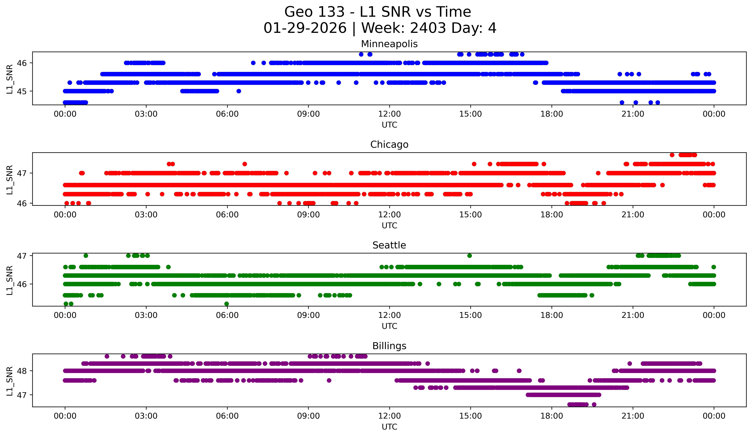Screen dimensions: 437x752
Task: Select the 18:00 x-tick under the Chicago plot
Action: (552, 215)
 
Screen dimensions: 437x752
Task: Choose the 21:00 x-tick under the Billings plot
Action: (633, 416)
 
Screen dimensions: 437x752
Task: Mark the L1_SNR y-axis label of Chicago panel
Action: (9, 180)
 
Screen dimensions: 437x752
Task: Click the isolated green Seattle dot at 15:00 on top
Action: (469, 256)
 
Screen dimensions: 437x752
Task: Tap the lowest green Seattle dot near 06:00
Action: (227, 304)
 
